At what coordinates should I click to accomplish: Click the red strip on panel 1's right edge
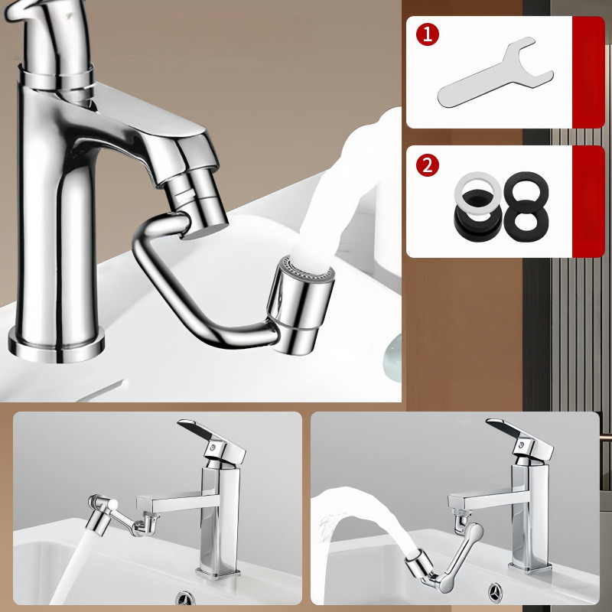click(x=588, y=73)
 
